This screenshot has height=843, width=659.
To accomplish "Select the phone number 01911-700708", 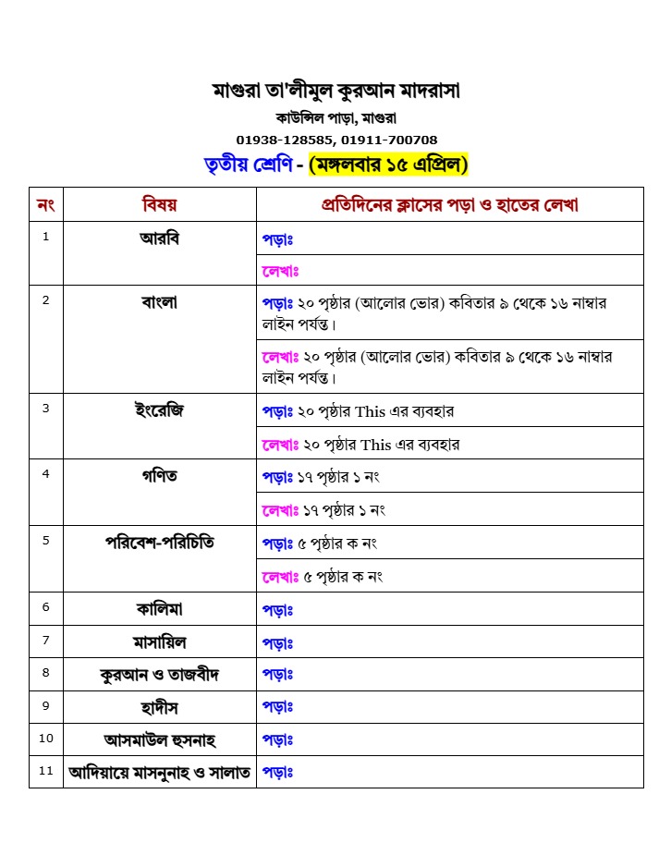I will tap(389, 140).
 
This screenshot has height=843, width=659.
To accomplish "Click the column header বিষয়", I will tap(159, 204).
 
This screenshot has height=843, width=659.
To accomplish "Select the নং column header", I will tap(45, 204).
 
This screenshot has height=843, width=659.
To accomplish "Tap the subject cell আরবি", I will tap(159, 238).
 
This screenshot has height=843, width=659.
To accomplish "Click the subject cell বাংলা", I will tap(159, 302).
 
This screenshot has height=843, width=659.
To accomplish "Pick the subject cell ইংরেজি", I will tap(159, 410).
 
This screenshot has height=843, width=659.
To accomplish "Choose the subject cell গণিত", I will tap(159, 476).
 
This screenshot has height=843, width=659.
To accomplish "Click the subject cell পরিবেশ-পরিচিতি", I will tap(159, 543).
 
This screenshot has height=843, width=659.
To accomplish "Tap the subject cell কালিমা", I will tap(159, 608).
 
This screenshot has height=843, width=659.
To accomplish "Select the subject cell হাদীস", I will tap(159, 707).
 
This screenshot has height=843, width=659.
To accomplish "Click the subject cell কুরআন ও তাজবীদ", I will tap(159, 674).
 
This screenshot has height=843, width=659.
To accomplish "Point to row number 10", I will tap(46, 739).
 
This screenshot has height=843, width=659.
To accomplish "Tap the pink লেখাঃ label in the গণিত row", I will tap(279, 510).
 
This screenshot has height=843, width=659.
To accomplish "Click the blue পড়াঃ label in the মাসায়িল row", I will tap(277, 642).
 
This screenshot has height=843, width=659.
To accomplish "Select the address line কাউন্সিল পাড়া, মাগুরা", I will tap(336, 117).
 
